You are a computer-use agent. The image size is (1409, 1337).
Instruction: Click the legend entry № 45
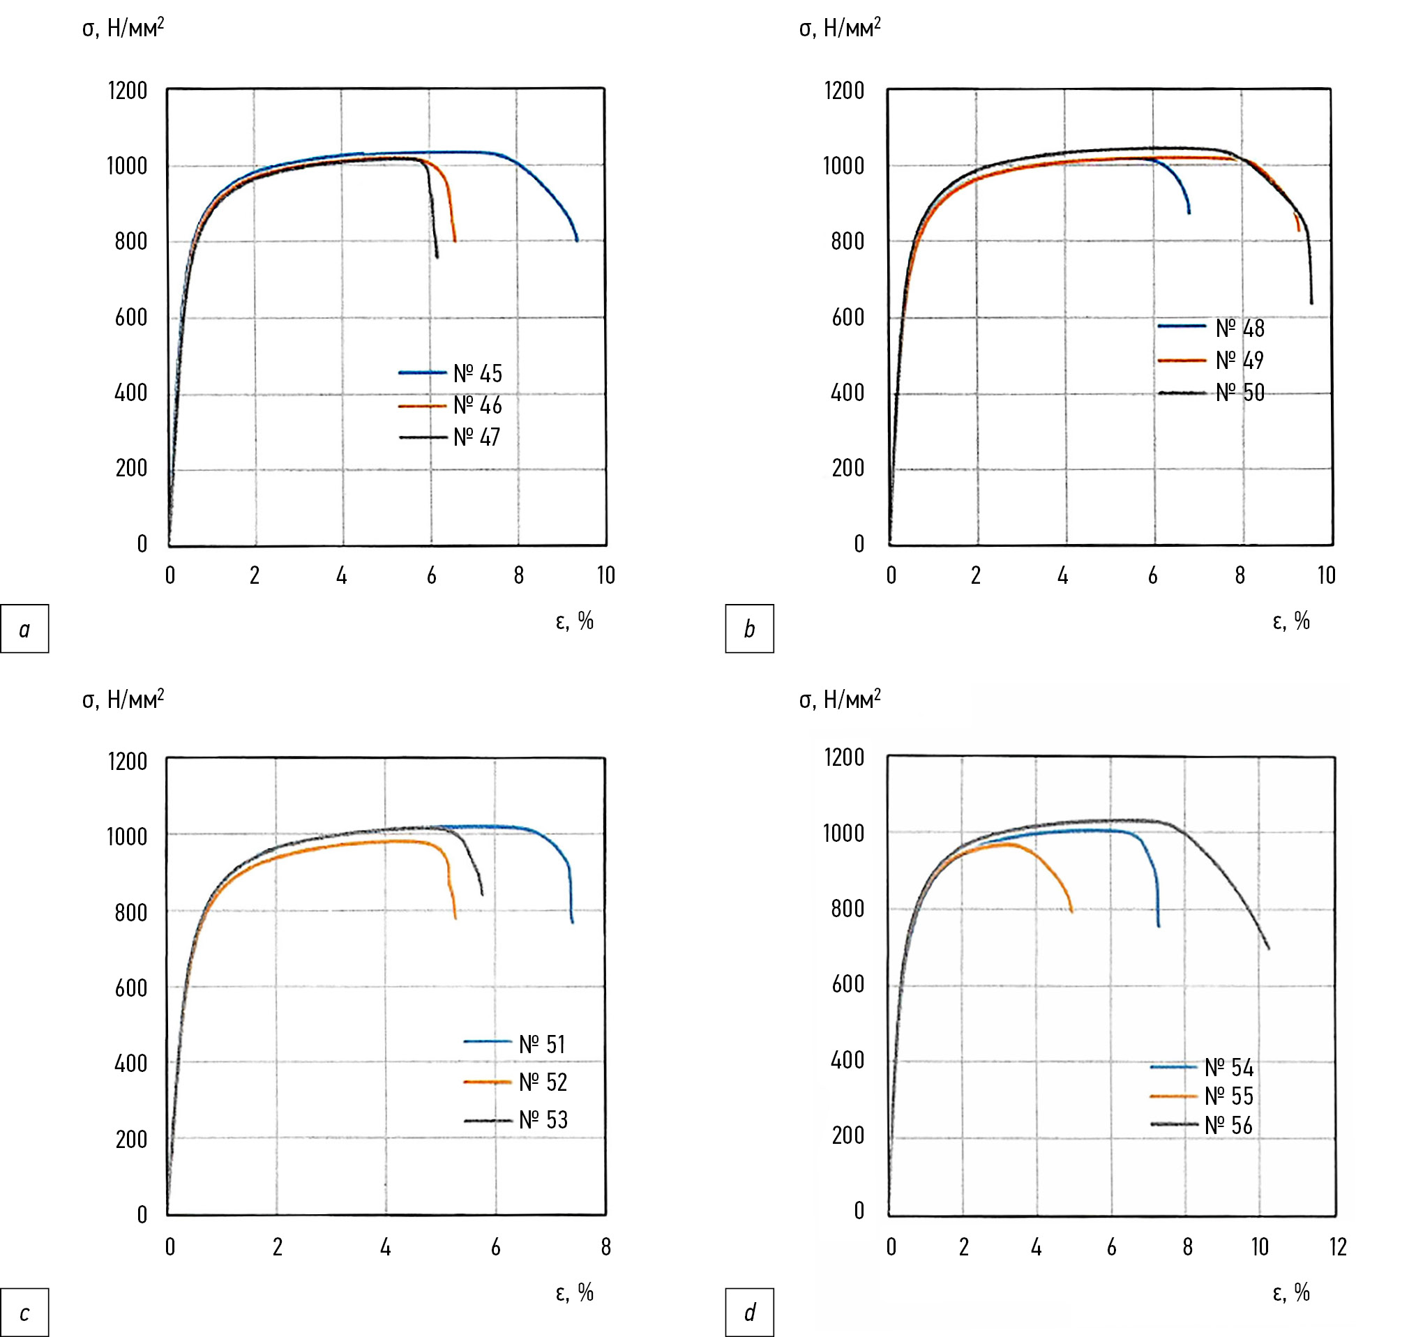click(478, 373)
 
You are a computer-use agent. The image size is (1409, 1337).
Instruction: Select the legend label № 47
click(477, 437)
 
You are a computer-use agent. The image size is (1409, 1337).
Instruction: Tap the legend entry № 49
click(1240, 361)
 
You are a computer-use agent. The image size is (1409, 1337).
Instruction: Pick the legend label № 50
click(1240, 393)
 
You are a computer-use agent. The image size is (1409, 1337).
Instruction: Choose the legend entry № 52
click(543, 1082)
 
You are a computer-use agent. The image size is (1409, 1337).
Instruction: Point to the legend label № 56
click(1228, 1126)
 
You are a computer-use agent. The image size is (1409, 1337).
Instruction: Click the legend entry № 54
click(1228, 1068)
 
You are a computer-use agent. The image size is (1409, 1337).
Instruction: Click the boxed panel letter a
click(24, 628)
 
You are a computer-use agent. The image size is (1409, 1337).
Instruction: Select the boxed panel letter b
click(749, 628)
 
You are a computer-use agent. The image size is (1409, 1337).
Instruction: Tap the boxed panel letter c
click(24, 1313)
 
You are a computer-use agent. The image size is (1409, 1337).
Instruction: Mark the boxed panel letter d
click(749, 1313)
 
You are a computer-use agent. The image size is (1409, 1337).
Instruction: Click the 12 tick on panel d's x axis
click(1338, 1246)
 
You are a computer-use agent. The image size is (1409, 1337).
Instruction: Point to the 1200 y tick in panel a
click(128, 91)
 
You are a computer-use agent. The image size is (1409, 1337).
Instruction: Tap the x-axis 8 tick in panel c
click(605, 1246)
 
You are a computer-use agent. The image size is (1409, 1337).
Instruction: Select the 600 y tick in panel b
click(847, 317)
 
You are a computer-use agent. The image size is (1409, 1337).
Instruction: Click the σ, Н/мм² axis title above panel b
click(840, 29)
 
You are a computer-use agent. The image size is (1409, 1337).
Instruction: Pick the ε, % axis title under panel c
click(575, 1292)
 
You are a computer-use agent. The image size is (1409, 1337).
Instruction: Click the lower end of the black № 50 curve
click(1311, 303)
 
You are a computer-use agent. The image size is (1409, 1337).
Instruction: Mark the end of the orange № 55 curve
click(1071, 911)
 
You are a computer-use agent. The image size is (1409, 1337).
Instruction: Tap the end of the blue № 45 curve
click(578, 240)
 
